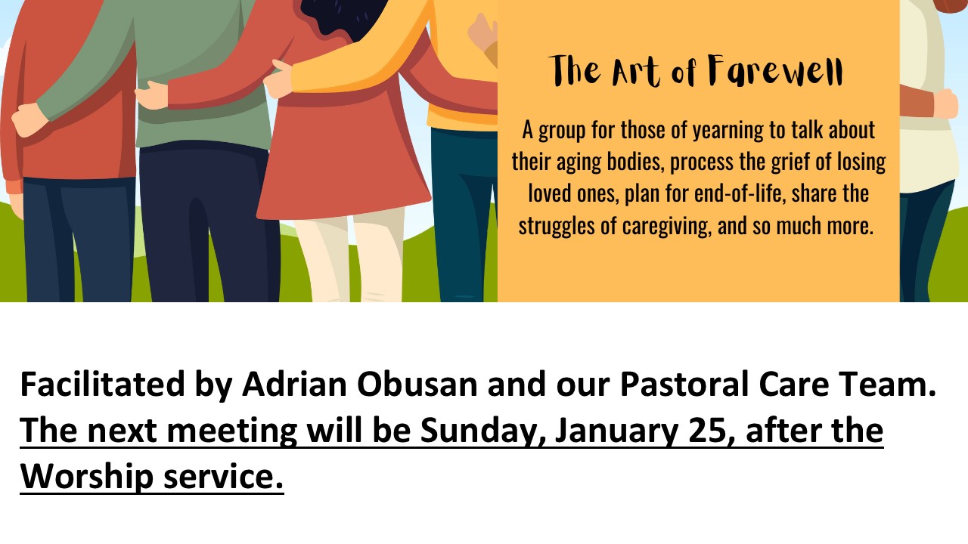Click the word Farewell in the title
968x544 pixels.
pos(775,71)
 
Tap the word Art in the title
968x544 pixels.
pos(636,72)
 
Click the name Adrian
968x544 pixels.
pos(294,384)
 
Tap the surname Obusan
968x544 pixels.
pos(417,385)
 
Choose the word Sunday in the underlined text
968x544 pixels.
pos(481,431)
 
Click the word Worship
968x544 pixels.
pos(87,477)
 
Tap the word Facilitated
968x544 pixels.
pos(102,384)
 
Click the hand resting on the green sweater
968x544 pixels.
pos(150,95)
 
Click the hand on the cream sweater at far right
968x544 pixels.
pos(946,104)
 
